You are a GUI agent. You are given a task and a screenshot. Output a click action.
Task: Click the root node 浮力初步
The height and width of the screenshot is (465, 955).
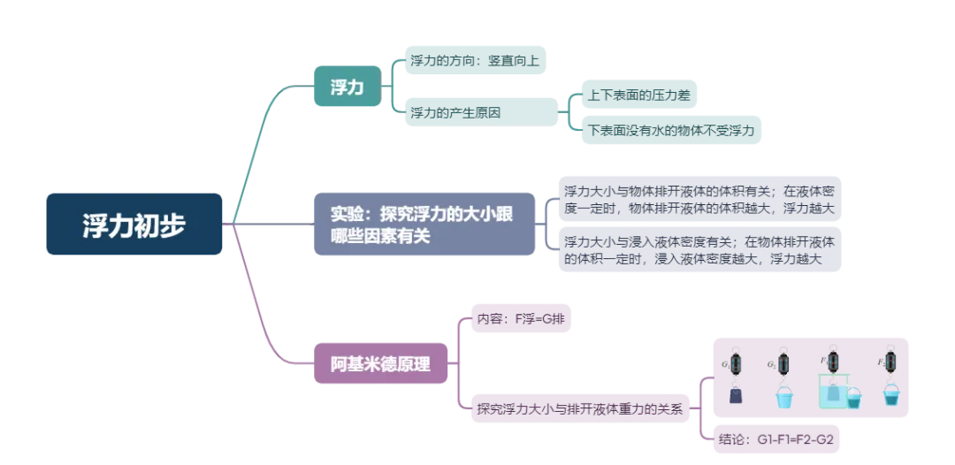pyautogui.click(x=134, y=225)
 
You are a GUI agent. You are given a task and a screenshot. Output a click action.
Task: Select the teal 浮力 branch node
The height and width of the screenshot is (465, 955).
pyautogui.click(x=347, y=87)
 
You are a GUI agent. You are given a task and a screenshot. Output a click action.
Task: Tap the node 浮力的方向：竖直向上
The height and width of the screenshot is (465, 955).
pyautogui.click(x=475, y=62)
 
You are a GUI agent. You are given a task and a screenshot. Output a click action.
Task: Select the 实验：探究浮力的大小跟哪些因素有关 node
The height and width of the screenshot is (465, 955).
pyautogui.click(x=424, y=225)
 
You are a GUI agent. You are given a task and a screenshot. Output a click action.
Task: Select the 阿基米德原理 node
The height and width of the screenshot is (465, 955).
pyautogui.click(x=380, y=363)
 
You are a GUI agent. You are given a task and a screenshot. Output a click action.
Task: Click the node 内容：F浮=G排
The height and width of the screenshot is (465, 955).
pyautogui.click(x=520, y=318)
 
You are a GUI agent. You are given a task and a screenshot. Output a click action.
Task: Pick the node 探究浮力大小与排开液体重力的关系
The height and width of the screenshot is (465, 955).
pyautogui.click(x=579, y=408)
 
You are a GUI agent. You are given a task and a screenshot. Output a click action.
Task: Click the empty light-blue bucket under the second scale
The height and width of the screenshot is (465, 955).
pyautogui.click(x=783, y=399)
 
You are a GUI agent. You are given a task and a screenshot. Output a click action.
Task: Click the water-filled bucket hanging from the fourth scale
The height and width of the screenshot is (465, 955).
pyautogui.click(x=890, y=398)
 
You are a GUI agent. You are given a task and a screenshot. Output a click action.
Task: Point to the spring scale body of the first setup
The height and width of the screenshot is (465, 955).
pyautogui.click(x=736, y=362)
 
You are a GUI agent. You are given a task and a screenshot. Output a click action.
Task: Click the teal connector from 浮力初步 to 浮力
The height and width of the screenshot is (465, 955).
pyautogui.click(x=265, y=141)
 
